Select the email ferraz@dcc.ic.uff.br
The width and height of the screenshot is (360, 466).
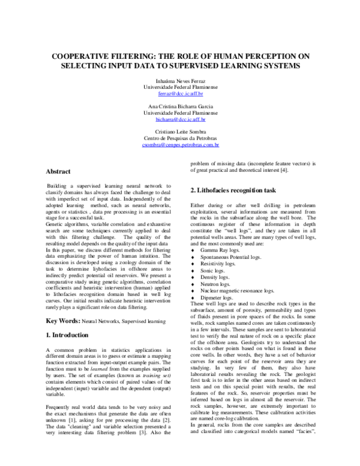[180, 94]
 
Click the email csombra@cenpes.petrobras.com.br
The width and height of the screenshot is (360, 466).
[180, 145]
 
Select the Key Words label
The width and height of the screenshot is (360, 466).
[63, 322]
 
